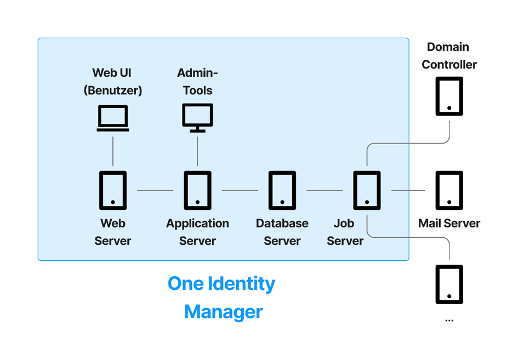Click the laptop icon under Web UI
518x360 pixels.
[x=113, y=118]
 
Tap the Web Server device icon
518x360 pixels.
[x=113, y=190]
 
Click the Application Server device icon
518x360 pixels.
[x=197, y=190]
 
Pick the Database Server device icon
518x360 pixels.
[x=282, y=190]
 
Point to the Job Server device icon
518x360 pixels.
[x=367, y=190]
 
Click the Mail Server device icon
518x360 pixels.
[x=449, y=190]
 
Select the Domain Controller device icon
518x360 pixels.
[x=449, y=96]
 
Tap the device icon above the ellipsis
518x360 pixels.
[x=449, y=284]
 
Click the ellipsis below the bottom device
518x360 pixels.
[x=449, y=320]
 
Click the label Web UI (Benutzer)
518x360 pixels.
[x=113, y=82]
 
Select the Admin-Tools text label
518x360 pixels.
[x=197, y=82]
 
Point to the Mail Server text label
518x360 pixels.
[x=449, y=224]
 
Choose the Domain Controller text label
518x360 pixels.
[x=449, y=56]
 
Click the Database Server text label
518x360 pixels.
[x=282, y=232]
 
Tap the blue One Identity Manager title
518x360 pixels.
[x=222, y=298]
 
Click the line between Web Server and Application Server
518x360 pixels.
[x=155, y=190]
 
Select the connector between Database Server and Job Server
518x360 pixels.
[x=325, y=190]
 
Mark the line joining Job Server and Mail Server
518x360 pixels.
[x=408, y=190]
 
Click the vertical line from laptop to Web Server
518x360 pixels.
[x=113, y=151]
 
